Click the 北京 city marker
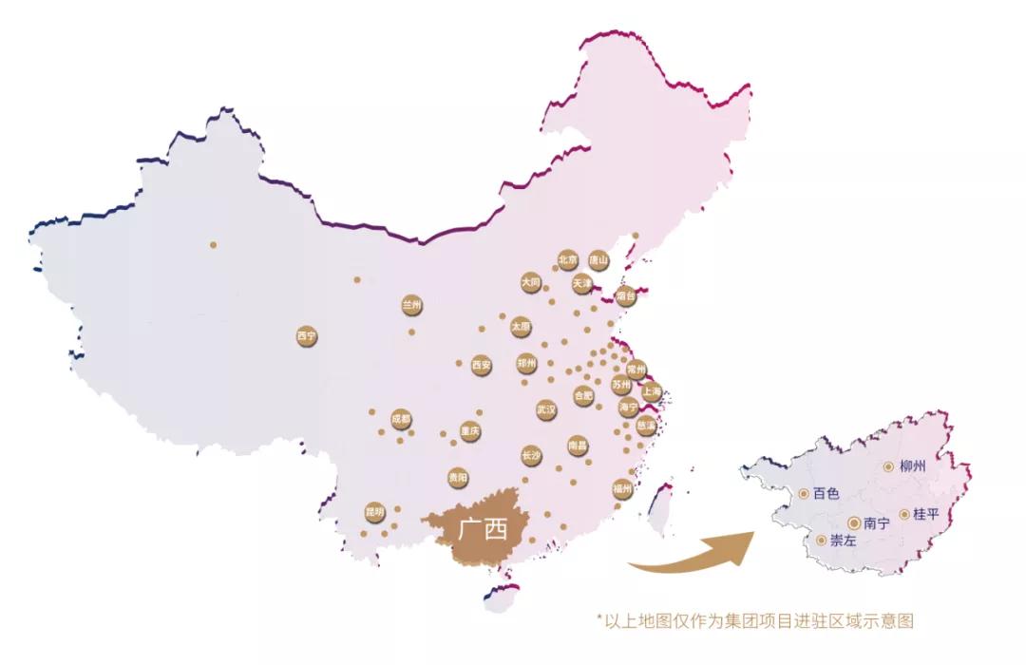(x=567, y=259)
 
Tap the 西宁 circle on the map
(x=306, y=336)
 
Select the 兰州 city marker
(x=411, y=306)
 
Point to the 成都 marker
(x=401, y=419)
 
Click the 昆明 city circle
(x=374, y=512)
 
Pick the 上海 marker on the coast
(x=652, y=390)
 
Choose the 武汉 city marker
(x=546, y=410)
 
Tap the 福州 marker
(x=622, y=489)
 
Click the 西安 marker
(x=482, y=365)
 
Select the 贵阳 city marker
(x=458, y=477)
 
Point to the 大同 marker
(x=531, y=283)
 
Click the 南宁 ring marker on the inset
(x=854, y=522)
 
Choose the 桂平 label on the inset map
(x=925, y=514)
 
